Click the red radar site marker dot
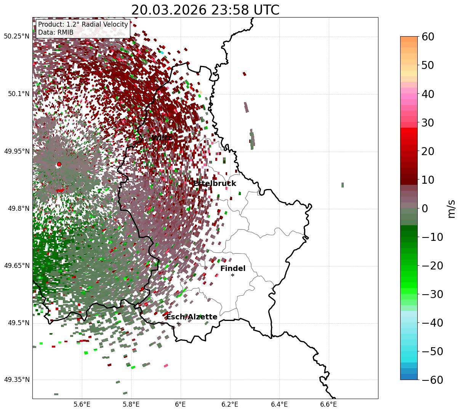59,164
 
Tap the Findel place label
233,269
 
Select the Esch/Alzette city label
192,317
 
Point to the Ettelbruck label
215,184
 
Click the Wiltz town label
162,138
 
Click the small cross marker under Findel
232,275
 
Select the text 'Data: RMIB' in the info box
56,32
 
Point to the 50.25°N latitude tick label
16,37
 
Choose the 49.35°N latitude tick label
16,380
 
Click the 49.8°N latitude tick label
18,208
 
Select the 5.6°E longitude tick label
82,404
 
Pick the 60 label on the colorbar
428,37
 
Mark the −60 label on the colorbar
431,380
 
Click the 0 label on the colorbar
424,208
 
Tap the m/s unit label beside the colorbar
451,208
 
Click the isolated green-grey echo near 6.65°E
342,185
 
